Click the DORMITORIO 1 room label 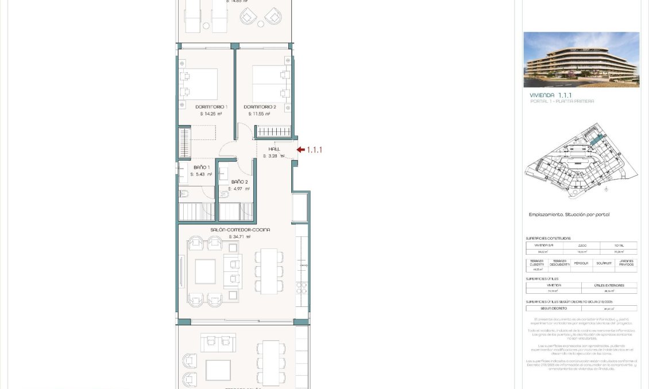click(211, 107)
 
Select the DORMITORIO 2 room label click(260, 107)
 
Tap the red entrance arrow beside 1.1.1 click(300, 150)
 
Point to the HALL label click(274, 149)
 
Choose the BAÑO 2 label click(239, 182)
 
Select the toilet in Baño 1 click(184, 194)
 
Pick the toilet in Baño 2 click(225, 194)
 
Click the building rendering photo click(581, 60)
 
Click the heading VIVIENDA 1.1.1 click(550, 95)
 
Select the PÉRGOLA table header click(581, 263)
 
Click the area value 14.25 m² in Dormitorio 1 click(211, 114)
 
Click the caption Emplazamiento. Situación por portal click(569, 215)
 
